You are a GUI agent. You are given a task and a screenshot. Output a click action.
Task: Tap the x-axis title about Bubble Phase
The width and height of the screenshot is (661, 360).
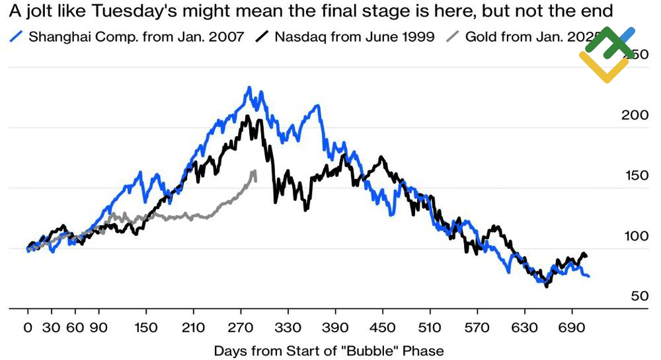[x=329, y=350]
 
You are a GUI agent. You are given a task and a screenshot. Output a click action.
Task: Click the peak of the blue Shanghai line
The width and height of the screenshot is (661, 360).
[x=249, y=87]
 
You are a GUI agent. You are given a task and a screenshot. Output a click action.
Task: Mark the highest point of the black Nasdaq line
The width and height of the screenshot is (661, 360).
[x=247, y=117]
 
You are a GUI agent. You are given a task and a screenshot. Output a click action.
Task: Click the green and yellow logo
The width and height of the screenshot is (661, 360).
[x=607, y=54]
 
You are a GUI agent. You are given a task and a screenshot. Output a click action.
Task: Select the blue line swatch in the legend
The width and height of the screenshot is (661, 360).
[x=18, y=36]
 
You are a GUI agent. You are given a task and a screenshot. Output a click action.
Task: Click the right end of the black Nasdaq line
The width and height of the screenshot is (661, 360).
[x=586, y=256]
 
